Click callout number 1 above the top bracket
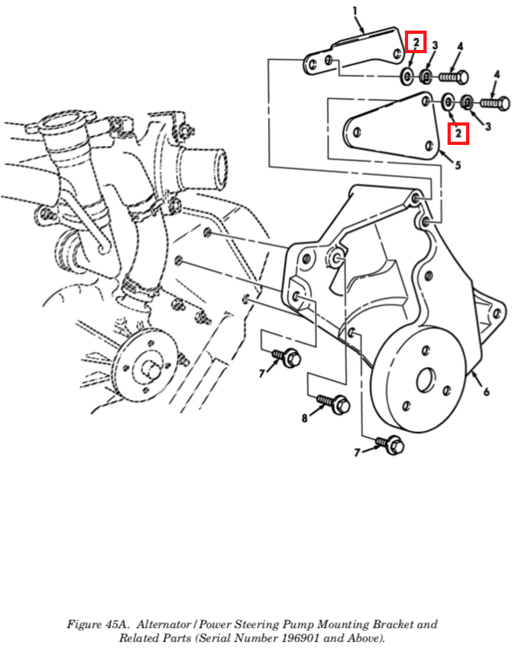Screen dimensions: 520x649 (354, 11)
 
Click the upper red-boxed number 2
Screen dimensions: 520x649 (415, 42)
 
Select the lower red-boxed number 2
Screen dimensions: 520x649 (458, 134)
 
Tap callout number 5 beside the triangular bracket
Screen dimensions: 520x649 (458, 165)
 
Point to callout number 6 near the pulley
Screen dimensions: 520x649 (486, 391)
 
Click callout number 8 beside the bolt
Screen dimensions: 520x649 (304, 418)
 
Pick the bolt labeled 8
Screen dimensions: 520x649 (334, 403)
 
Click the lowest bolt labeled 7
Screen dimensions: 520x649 (390, 444)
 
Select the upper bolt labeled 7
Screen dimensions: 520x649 (287, 358)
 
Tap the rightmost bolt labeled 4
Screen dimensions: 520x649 (495, 102)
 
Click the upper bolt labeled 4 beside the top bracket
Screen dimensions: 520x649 (453, 76)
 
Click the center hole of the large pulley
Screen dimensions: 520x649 (426, 380)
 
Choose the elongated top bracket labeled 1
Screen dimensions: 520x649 (353, 53)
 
